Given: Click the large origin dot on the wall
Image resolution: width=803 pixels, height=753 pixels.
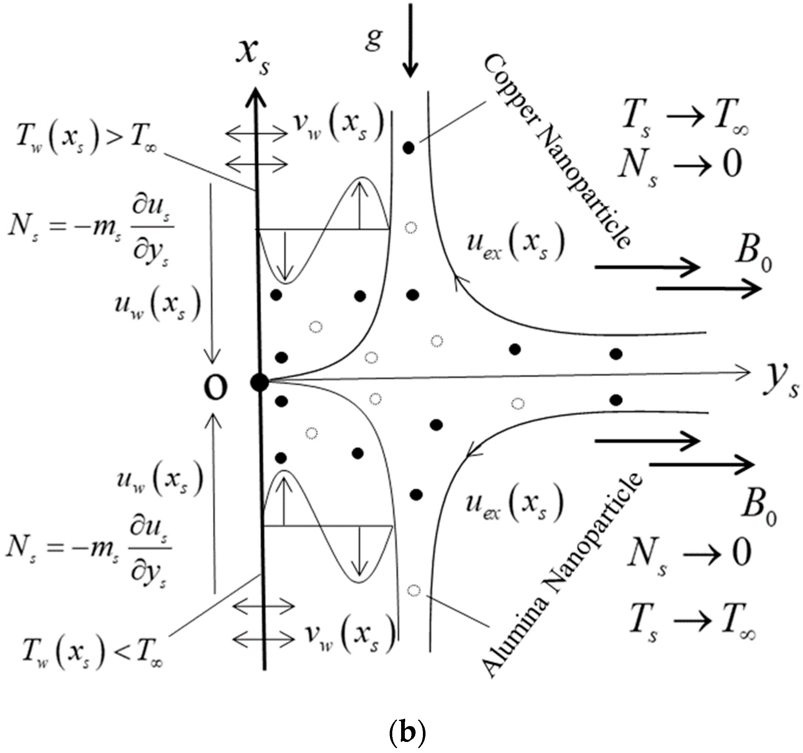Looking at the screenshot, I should [259, 382].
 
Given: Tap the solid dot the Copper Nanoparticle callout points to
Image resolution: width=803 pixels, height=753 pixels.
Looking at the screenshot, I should [409, 148].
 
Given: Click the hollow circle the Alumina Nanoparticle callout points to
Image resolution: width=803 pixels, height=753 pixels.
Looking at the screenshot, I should [414, 591].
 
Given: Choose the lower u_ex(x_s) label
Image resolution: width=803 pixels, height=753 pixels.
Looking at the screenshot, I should [514, 504].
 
